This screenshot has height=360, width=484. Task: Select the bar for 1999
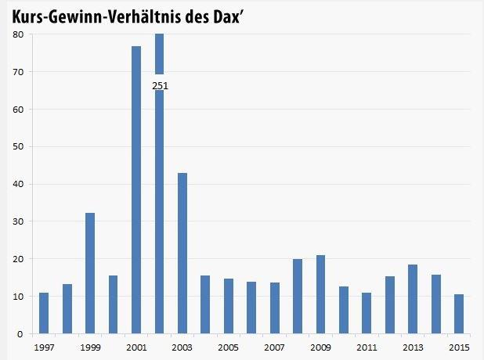click(x=90, y=273)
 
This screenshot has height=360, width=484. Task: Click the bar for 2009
click(x=320, y=294)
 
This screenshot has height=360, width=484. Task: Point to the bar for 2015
click(x=458, y=314)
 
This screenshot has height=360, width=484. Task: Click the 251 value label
click(x=160, y=85)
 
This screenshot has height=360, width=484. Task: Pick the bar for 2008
click(x=298, y=296)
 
